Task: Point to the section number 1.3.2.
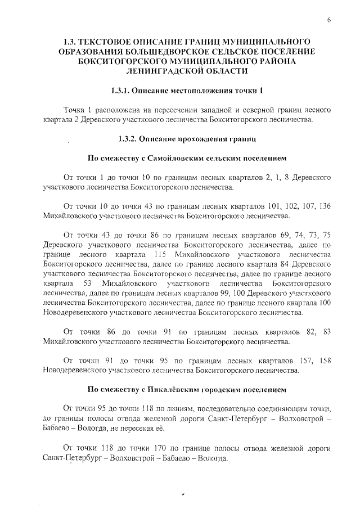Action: click(x=129, y=138)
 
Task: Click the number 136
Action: click(x=323, y=206)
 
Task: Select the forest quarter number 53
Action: click(x=87, y=283)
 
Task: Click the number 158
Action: click(x=323, y=360)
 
